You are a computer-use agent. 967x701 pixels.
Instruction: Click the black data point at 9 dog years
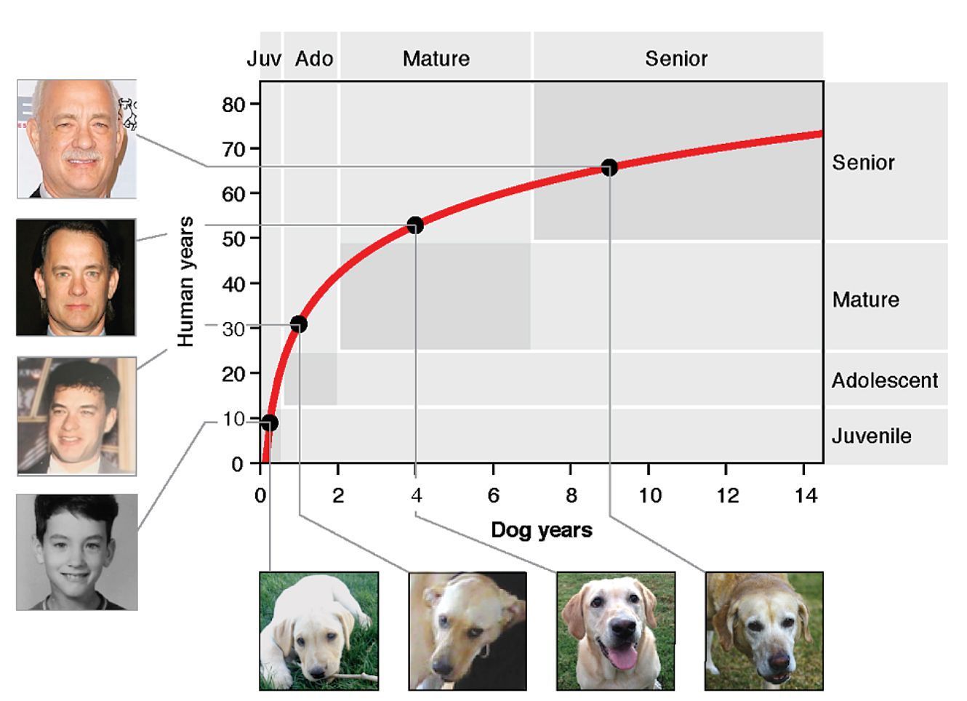pos(609,168)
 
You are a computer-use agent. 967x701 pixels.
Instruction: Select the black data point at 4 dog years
pos(415,225)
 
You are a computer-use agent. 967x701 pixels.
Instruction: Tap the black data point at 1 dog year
pos(298,324)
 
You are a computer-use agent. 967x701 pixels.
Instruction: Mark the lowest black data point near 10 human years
pos(269,423)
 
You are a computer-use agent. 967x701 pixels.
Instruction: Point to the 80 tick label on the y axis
pos(234,105)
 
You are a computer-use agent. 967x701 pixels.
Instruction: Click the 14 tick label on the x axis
pos(805,496)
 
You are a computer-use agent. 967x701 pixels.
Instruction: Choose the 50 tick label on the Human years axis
pos(234,239)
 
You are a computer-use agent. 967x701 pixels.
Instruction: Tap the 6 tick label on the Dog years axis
pos(494,496)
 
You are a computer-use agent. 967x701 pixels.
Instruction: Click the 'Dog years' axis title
pos(542,529)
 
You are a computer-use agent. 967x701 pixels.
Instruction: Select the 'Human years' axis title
pos(186,281)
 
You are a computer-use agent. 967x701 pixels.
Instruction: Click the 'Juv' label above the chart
pos(263,59)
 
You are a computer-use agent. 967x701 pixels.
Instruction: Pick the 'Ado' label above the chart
pos(314,59)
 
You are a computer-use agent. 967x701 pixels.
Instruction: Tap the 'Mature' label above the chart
pos(436,59)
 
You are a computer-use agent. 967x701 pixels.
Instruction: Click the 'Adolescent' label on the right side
pos(885,380)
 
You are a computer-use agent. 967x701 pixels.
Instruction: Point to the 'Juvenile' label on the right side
pos(871,436)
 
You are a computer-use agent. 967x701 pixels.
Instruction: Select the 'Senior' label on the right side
pos(863,162)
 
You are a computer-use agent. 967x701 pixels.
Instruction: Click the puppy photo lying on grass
pos(319,630)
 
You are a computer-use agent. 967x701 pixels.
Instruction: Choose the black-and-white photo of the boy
pos(77,552)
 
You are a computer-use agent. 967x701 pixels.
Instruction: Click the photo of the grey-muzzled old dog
pos(764,630)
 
